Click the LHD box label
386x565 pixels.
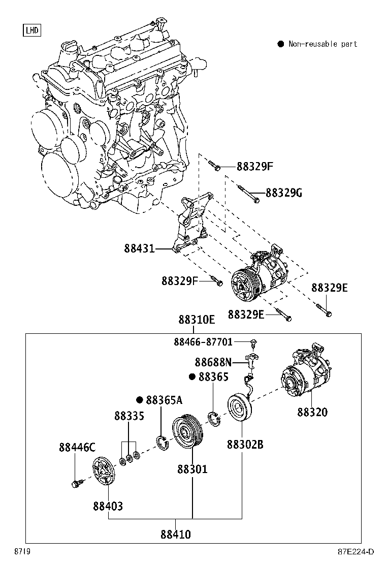pyautogui.click(x=32, y=30)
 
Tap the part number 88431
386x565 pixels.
pyautogui.click(x=139, y=249)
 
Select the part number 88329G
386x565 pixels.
pyautogui.click(x=284, y=193)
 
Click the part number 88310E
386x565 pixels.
pyautogui.click(x=197, y=320)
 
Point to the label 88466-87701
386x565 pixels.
pyautogui.click(x=210, y=342)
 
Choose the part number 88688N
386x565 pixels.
pyautogui.click(x=213, y=362)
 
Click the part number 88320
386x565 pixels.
pyautogui.click(x=312, y=412)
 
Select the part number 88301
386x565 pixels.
pyautogui.click(x=192, y=469)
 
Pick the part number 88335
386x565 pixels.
pyautogui.click(x=129, y=416)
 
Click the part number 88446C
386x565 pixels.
pyautogui.click(x=77, y=448)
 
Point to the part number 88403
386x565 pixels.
pyautogui.click(x=108, y=507)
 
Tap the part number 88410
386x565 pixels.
pyautogui.click(x=176, y=535)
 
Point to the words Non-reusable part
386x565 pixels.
pyautogui.click(x=323, y=44)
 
